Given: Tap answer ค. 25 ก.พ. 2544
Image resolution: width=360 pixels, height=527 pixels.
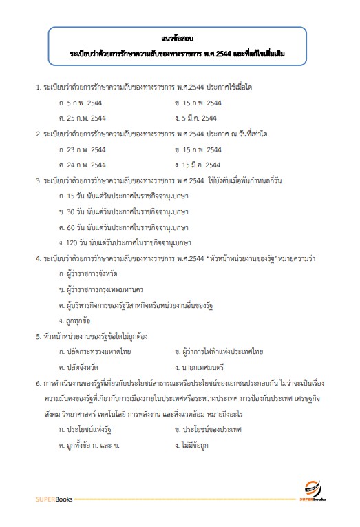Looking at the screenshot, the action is (x=83, y=118).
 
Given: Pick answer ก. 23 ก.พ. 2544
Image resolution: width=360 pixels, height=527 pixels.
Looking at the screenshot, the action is (x=83, y=149).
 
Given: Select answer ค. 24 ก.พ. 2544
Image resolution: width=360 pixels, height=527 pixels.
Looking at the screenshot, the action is (x=83, y=165).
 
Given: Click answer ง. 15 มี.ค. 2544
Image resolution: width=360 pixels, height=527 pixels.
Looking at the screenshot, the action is (x=198, y=165).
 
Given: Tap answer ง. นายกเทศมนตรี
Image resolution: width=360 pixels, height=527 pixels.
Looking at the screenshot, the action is (x=200, y=367).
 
